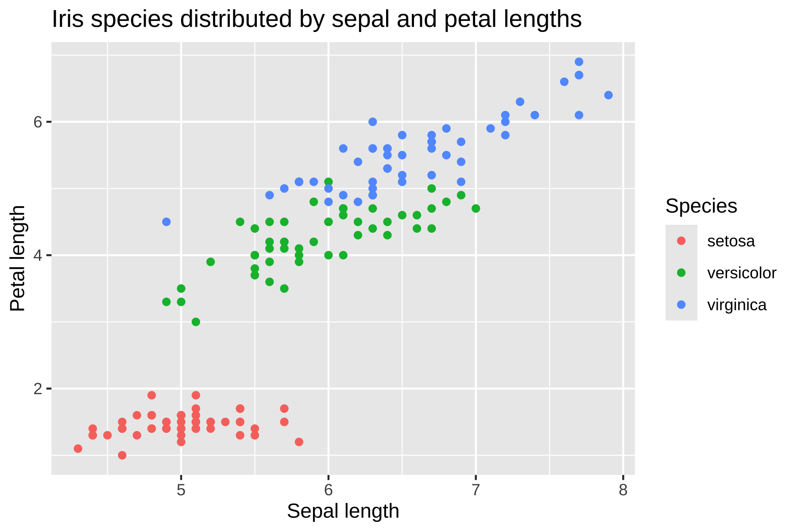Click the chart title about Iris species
coord(317,20)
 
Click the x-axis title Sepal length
coord(343,511)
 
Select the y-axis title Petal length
coord(18,258)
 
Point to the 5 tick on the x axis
coord(181,490)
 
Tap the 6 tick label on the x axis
coord(328,490)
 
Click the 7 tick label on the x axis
coord(476,490)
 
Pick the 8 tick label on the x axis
coord(623,490)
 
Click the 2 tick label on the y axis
coord(38,389)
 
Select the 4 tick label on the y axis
coord(38,255)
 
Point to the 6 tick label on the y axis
coord(38,122)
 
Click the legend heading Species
coord(701,206)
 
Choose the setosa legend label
coord(731,241)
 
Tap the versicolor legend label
coord(742,273)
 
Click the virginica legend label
coord(737,305)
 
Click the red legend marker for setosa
coord(681,241)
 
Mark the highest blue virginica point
coord(579,62)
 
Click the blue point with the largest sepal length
coord(608,95)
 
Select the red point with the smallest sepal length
coord(78,449)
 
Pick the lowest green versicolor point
coord(196,322)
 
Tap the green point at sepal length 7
coord(476,208)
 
